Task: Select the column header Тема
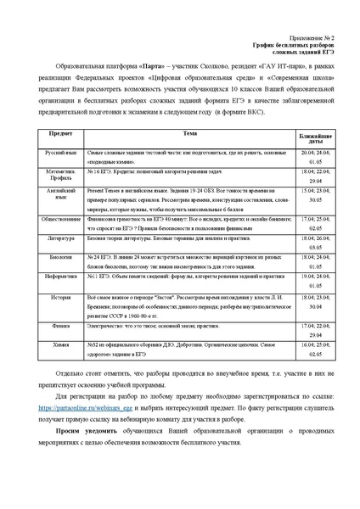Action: coord(188,133)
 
